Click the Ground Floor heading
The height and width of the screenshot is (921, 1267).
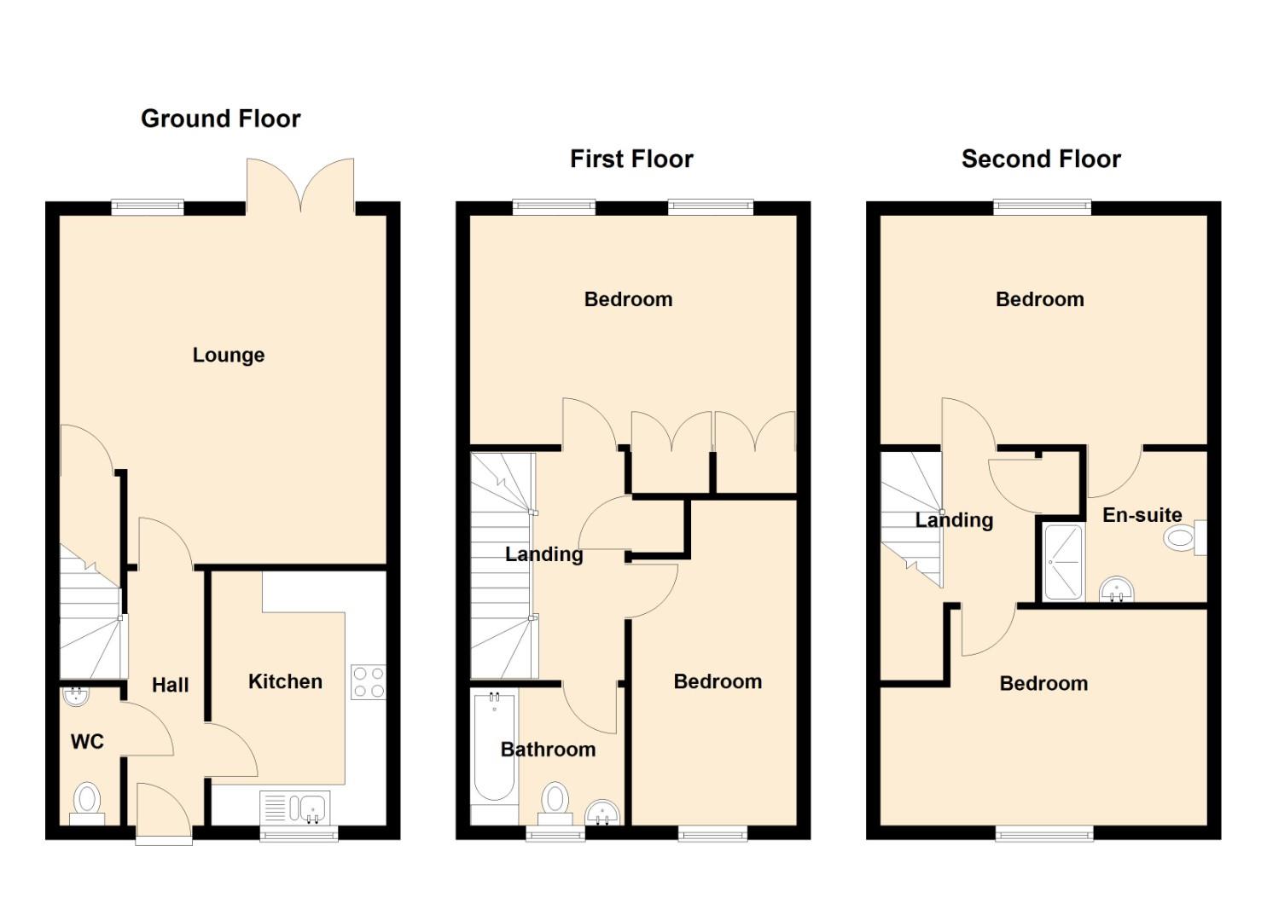click(x=221, y=119)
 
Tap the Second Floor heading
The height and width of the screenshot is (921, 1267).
click(x=1041, y=159)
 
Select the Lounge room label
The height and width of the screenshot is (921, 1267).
click(x=229, y=355)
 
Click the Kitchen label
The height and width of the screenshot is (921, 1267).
click(x=285, y=681)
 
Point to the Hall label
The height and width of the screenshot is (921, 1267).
click(x=171, y=686)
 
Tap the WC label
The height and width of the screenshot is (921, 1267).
click(x=87, y=741)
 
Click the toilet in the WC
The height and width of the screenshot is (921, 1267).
click(x=87, y=803)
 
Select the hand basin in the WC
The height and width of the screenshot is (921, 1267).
click(x=76, y=697)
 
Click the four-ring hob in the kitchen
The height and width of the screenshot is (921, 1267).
click(x=369, y=682)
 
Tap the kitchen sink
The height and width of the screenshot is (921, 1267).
click(x=294, y=807)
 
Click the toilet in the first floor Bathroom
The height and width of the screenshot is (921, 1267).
click(x=555, y=803)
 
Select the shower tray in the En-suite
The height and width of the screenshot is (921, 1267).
click(x=1063, y=562)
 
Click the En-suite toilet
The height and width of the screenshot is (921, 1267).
click(x=1184, y=537)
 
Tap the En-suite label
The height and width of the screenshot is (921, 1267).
click(x=1142, y=514)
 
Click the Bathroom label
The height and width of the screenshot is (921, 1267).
click(x=548, y=749)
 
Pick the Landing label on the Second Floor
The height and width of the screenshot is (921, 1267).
click(x=954, y=520)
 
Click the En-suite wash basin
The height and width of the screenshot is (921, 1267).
click(x=1117, y=589)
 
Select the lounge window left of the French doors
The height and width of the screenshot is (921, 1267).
click(x=148, y=207)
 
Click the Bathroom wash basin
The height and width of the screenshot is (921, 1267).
click(x=603, y=814)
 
